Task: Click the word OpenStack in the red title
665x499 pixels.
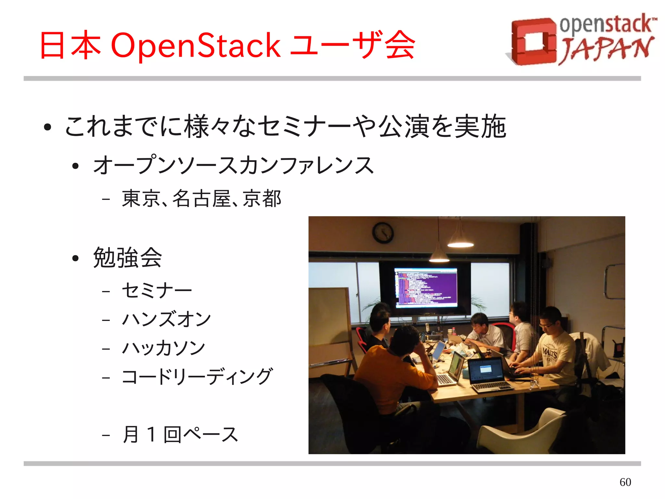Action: tap(195, 46)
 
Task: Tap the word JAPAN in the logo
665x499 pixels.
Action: tap(606, 49)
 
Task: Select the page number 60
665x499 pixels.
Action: tap(625, 482)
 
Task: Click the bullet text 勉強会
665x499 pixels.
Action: tap(127, 257)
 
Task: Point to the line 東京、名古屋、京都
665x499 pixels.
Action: tap(201, 198)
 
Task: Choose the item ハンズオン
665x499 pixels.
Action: tap(166, 319)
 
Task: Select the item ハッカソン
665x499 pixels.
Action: tap(163, 348)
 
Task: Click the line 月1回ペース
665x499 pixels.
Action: tap(180, 434)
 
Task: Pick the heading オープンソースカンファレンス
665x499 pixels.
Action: tap(233, 165)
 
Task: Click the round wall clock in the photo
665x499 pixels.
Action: tap(383, 232)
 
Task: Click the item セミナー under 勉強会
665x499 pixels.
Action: tap(157, 290)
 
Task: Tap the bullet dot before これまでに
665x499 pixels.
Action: tap(48, 127)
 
